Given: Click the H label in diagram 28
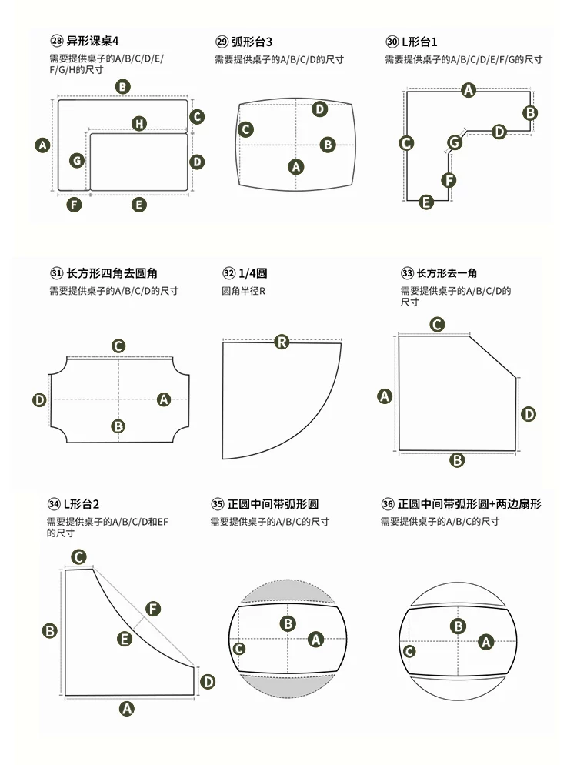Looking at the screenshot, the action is pyautogui.click(x=139, y=123).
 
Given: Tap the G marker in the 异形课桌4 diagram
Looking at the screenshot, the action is pyautogui.click(x=77, y=161).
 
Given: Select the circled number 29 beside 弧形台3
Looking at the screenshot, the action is pyautogui.click(x=222, y=42).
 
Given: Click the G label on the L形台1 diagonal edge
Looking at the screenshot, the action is pyautogui.click(x=455, y=142).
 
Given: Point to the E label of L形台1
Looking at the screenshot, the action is pyautogui.click(x=425, y=202).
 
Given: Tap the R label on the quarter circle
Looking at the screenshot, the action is pyautogui.click(x=282, y=342).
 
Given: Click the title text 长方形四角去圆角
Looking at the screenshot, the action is pyautogui.click(x=112, y=273).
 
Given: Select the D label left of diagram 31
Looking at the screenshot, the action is pyautogui.click(x=39, y=400).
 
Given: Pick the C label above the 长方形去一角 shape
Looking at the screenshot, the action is pyautogui.click(x=437, y=325).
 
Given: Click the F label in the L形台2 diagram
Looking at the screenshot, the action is pyautogui.click(x=152, y=609).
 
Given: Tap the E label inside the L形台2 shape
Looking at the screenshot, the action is pyautogui.click(x=125, y=639).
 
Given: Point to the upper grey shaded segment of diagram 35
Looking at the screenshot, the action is pyautogui.click(x=288, y=593).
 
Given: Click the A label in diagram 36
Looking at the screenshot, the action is pyautogui.click(x=485, y=642).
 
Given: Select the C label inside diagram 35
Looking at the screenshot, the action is pyautogui.click(x=238, y=648).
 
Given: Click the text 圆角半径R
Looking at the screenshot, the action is pyautogui.click(x=243, y=291).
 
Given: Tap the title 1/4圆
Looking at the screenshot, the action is pyautogui.click(x=252, y=273).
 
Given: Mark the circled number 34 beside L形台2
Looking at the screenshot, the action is pyautogui.click(x=54, y=504).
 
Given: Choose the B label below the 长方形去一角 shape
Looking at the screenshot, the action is pyautogui.click(x=457, y=460).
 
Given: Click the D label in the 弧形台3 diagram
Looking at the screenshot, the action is pyautogui.click(x=319, y=109).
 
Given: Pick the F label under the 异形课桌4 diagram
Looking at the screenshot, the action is pyautogui.click(x=74, y=205).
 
